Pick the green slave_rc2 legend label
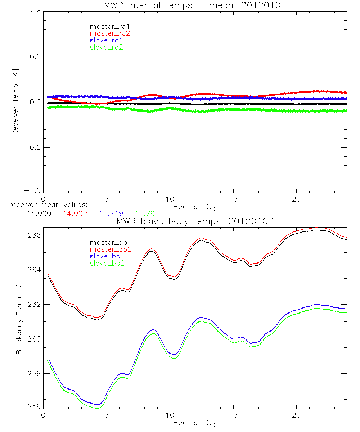[106, 47]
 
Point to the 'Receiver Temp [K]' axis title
[15, 102]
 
